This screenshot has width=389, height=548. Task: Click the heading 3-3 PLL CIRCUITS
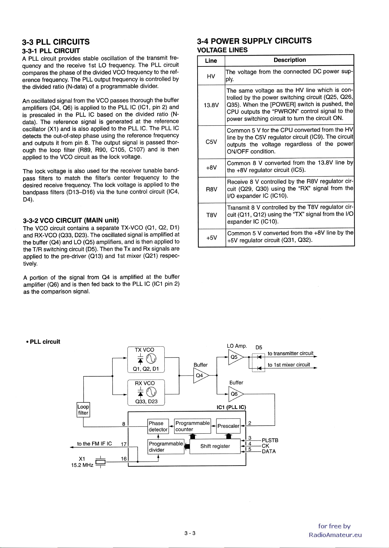pos(56,42)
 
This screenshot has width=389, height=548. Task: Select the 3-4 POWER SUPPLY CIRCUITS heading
pos(254,41)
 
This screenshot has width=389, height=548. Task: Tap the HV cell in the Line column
pos(211,76)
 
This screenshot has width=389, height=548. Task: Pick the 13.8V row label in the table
pos(211,105)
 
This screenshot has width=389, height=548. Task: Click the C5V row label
pos(211,142)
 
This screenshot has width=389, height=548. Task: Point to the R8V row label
pos(211,189)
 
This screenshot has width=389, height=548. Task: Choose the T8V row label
pos(211,215)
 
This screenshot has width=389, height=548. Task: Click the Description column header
pos(289,60)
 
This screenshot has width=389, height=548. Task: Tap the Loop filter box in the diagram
pos(83,410)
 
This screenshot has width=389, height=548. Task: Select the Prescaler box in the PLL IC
pos(228,426)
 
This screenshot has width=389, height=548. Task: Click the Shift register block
pos(215,446)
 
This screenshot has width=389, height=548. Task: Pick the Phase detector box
pos(158,426)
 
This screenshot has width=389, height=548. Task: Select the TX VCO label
pos(145,350)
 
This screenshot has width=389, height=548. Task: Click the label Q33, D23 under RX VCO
pos(146,401)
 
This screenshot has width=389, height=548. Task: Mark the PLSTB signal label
pos(270,441)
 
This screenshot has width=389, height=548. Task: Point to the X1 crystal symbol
pos(101,462)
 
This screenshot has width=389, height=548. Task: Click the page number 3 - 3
pos(189,533)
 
